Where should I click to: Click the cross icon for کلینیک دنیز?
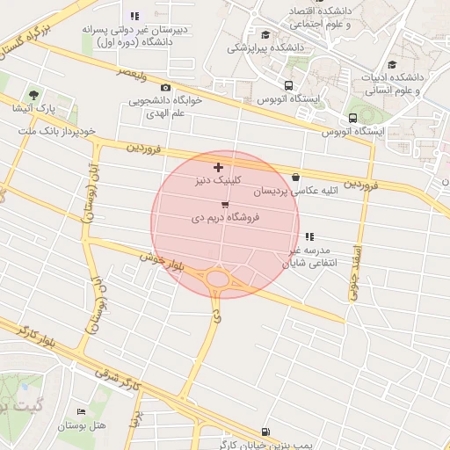coord(218,167)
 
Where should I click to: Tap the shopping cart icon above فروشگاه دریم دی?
coord(225,204)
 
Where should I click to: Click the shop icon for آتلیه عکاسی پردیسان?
coord(295,177)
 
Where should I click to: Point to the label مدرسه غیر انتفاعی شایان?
coord(308,256)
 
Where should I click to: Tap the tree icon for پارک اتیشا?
coord(33,93)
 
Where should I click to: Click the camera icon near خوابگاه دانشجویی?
coord(165,88)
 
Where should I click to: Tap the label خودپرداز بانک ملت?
coord(58,131)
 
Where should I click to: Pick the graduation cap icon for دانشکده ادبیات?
coord(392,64)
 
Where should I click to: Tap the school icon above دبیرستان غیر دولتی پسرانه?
coord(134,15)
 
